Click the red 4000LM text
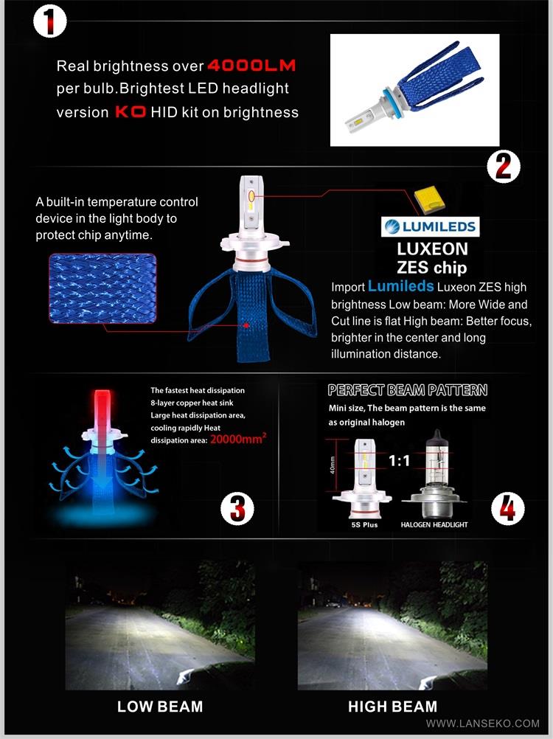click(x=251, y=65)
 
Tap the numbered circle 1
click(x=49, y=21)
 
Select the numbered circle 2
click(x=504, y=167)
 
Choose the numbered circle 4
click(x=507, y=508)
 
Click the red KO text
click(x=131, y=112)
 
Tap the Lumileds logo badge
click(x=430, y=226)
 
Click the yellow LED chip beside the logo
click(x=430, y=199)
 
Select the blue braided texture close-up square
click(x=102, y=288)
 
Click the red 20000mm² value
click(x=238, y=440)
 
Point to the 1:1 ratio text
click(x=399, y=460)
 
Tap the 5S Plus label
click(x=364, y=524)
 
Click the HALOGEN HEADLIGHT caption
click(x=434, y=524)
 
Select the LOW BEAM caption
click(x=160, y=707)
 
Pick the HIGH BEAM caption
click(x=393, y=707)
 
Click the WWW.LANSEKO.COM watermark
click(x=483, y=724)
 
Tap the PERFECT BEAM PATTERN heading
click(x=408, y=390)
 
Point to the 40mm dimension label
click(x=333, y=465)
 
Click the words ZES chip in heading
click(x=432, y=268)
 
